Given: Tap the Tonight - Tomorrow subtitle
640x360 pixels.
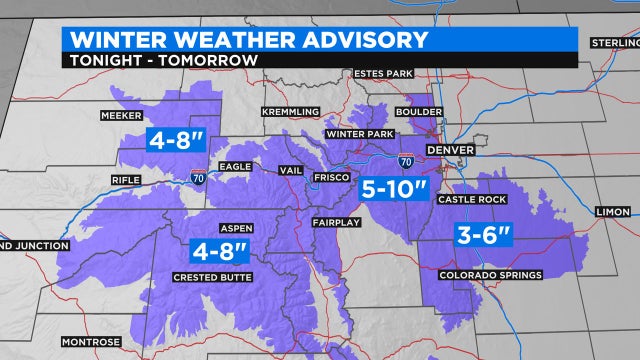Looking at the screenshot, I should click(159, 59).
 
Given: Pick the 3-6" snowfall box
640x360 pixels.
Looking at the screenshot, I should click(482, 236).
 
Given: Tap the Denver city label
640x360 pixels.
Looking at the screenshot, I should click(449, 149).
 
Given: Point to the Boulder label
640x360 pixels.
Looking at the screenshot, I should click(419, 112).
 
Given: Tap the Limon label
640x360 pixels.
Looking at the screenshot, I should click(612, 212).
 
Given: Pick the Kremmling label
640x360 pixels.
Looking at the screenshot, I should click(290, 111).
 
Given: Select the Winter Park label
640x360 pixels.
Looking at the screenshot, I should click(354, 133).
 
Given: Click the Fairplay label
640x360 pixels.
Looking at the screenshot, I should click(333, 221).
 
